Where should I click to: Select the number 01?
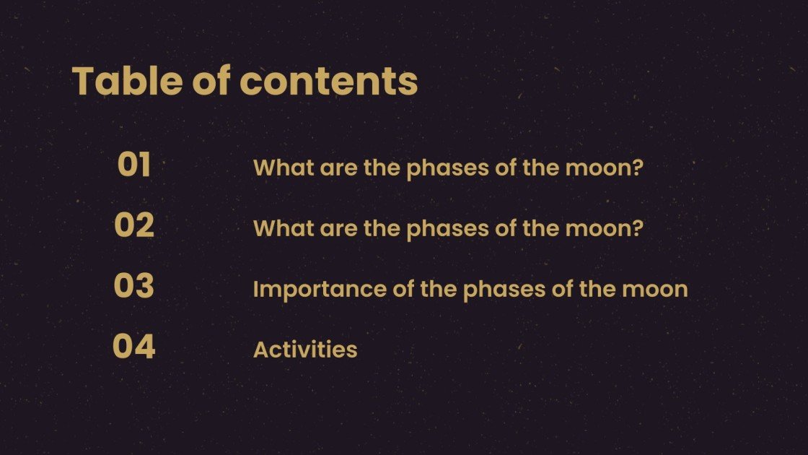[134, 165]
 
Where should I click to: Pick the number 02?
[134, 226]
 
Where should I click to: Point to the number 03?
[134, 287]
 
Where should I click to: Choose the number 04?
[134, 347]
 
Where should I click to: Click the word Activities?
[305, 350]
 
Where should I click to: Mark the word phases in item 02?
[447, 230]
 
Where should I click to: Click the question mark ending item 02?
[637, 228]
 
